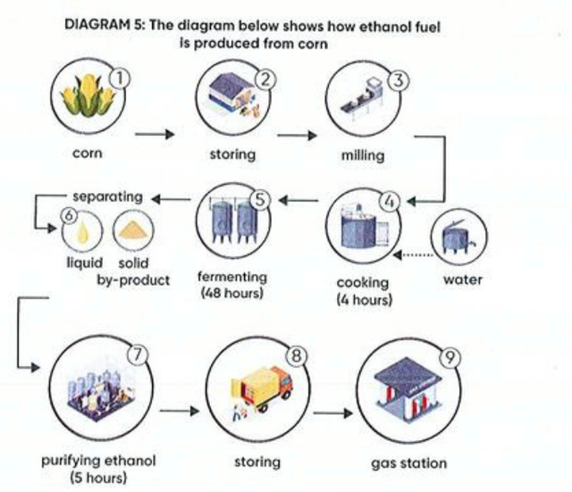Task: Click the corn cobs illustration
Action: (88, 96)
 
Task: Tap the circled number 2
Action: (265, 79)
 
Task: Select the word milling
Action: (363, 155)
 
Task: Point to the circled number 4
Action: (390, 201)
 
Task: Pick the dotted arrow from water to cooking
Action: (413, 254)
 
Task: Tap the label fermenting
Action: (232, 277)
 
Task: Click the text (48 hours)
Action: (232, 293)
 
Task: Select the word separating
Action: (107, 196)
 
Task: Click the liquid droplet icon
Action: (82, 231)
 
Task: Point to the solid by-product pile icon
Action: (133, 230)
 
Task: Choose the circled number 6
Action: (70, 215)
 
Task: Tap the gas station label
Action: (409, 463)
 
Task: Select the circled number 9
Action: (450, 357)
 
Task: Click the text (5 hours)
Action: (98, 477)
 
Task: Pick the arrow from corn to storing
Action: (155, 134)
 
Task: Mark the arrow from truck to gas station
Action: (333, 413)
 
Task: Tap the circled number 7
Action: (138, 354)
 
